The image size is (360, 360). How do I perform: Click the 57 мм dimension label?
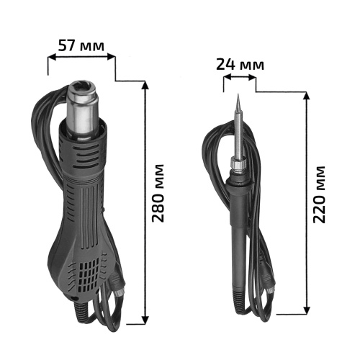(x=81, y=45)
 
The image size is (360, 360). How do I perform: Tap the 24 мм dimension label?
(x=240, y=64)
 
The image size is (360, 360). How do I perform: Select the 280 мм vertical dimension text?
(x=158, y=193)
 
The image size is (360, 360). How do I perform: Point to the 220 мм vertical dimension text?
(x=319, y=194)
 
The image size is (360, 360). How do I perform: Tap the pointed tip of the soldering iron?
(x=238, y=94)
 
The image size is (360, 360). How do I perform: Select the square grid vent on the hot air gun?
(x=89, y=276)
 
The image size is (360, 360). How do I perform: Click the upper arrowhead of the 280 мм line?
(x=145, y=85)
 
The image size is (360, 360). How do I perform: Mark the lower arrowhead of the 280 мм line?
(x=145, y=320)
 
